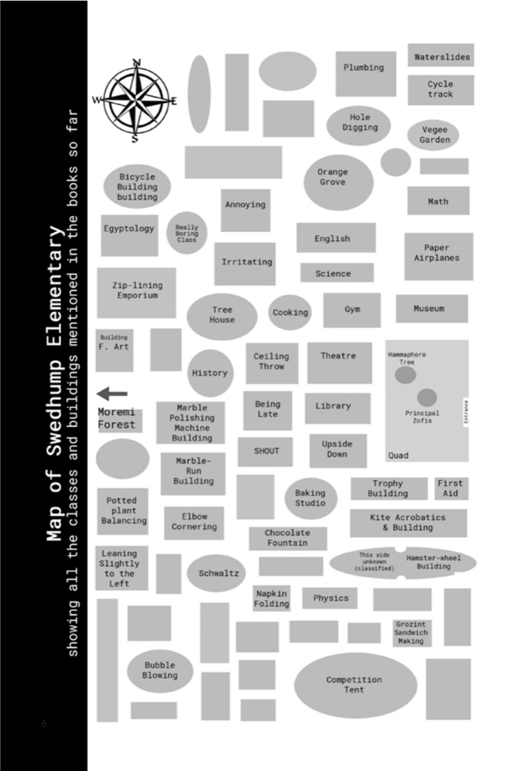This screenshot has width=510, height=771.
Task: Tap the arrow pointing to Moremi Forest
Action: point(112,393)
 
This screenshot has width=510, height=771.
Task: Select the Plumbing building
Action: point(366,74)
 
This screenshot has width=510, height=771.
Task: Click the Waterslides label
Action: point(442,57)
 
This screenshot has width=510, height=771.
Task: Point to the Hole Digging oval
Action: point(359,125)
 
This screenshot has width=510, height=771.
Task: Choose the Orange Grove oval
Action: point(338,182)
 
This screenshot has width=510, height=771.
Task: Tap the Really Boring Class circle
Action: point(187,233)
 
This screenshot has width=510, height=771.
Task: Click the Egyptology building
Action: point(129,235)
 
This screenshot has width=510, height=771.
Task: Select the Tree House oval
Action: point(222,317)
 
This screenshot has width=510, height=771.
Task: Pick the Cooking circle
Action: point(290,313)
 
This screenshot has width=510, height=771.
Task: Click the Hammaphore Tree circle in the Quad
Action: point(406,375)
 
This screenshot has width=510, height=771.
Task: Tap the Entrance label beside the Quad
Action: point(466,412)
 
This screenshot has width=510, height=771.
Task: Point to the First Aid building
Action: point(450,489)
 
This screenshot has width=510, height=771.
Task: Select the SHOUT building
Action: point(266,451)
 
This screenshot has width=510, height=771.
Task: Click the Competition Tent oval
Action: point(355,685)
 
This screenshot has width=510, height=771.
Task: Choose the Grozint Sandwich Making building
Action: point(412,633)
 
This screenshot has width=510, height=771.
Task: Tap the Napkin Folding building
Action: point(271,599)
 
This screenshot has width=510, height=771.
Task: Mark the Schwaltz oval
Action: point(216,573)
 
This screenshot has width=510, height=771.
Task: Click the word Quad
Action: point(398,456)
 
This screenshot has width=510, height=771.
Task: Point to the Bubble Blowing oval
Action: point(160,671)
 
